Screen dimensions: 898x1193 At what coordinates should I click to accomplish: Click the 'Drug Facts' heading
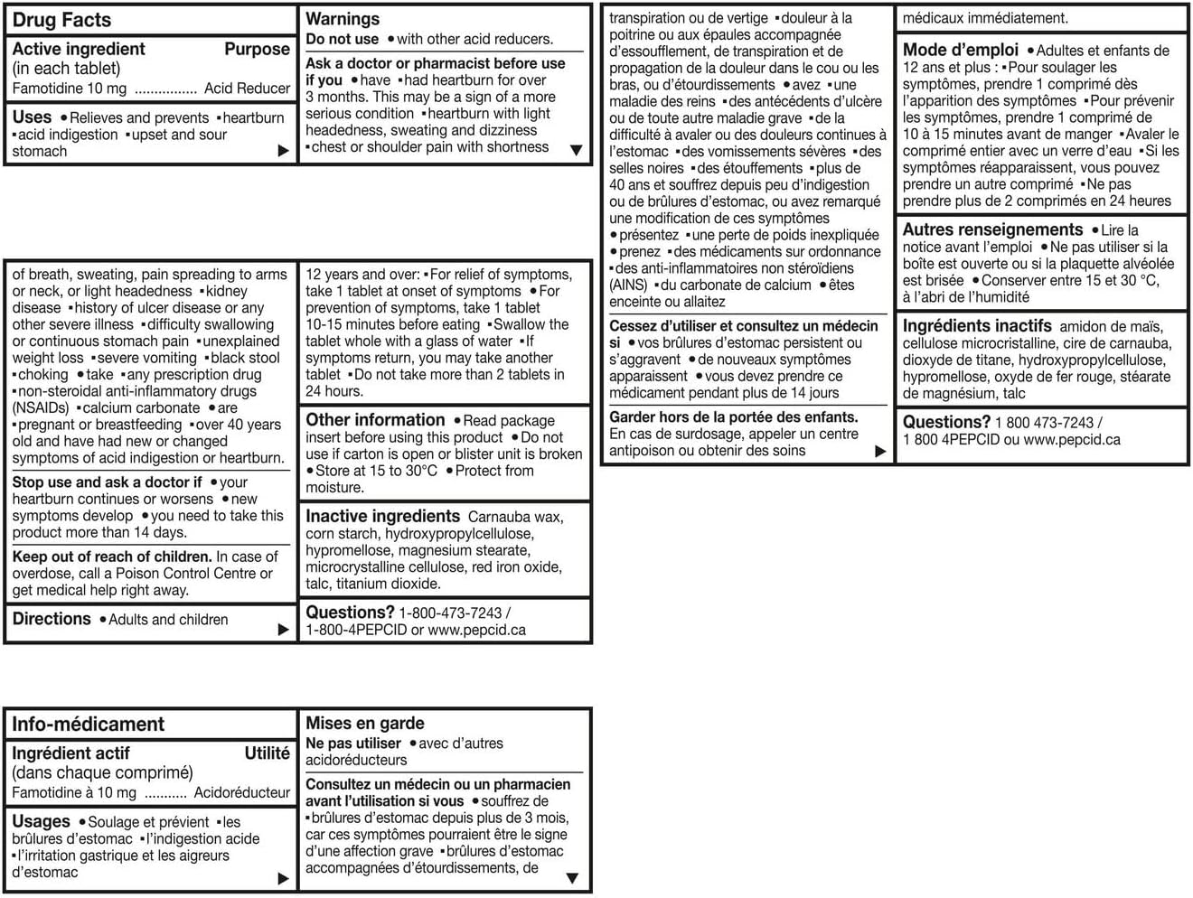(61, 20)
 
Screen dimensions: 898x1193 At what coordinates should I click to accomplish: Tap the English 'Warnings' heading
(343, 18)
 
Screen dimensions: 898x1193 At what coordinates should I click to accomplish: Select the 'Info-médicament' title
(88, 724)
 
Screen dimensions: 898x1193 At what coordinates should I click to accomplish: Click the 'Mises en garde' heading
(365, 723)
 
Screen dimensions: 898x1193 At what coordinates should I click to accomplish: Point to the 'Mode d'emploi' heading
(960, 50)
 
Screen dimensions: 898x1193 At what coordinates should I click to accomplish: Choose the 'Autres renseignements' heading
(992, 229)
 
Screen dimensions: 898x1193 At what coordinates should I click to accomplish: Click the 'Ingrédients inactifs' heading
(977, 325)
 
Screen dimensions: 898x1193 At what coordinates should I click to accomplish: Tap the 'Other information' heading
(375, 419)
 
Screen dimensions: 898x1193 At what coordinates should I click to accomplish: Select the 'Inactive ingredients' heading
(382, 516)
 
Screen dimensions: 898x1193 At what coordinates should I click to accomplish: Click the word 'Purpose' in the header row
(257, 49)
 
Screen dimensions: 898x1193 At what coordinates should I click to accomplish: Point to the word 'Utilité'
(267, 753)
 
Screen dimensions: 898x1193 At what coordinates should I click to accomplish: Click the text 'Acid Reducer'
(247, 88)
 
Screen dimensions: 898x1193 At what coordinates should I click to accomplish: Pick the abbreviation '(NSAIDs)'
(41, 407)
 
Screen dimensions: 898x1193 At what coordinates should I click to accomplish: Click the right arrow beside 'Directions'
(284, 629)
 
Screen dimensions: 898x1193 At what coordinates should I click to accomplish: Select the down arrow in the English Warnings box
(576, 150)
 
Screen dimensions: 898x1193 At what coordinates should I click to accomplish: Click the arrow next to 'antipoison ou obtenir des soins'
(880, 451)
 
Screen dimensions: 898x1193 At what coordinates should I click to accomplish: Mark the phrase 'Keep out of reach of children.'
(112, 557)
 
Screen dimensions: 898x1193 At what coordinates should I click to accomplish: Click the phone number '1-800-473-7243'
(450, 613)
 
